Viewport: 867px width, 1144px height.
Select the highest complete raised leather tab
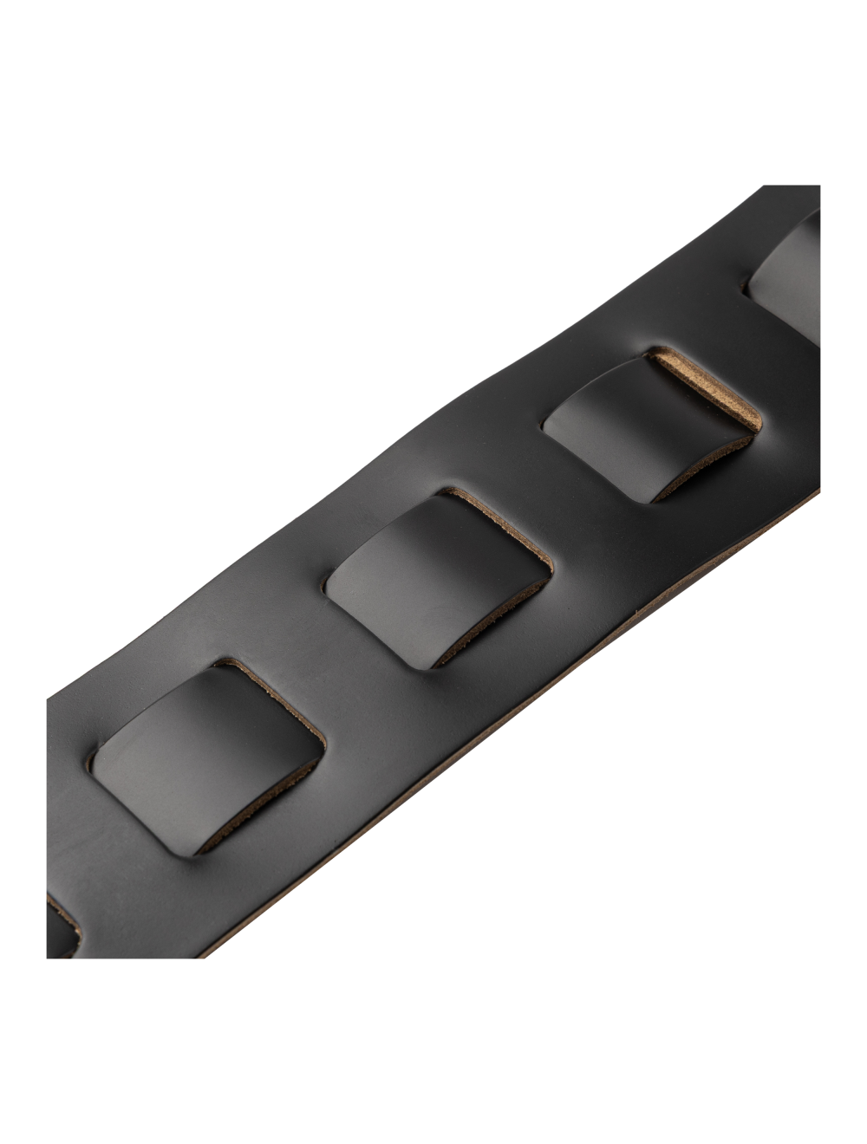[642, 429]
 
